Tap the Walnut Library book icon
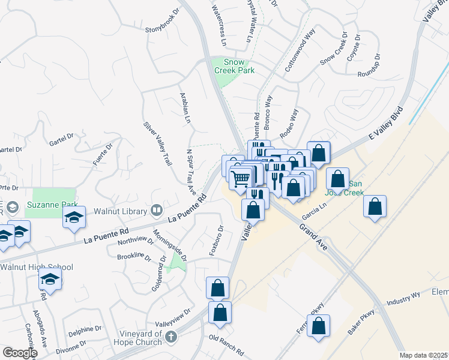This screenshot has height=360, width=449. pyautogui.click(x=157, y=210)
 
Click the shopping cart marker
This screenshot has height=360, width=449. pyautogui.click(x=241, y=178)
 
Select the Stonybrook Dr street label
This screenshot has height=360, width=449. pyautogui.click(x=163, y=29)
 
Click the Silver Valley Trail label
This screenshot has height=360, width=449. pyautogui.click(x=157, y=144)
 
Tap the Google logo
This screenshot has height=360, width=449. pyautogui.click(x=20, y=353)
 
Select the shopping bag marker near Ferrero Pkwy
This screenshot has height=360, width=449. pyautogui.click(x=319, y=326)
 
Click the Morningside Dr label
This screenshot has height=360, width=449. pyautogui.click(x=170, y=245)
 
